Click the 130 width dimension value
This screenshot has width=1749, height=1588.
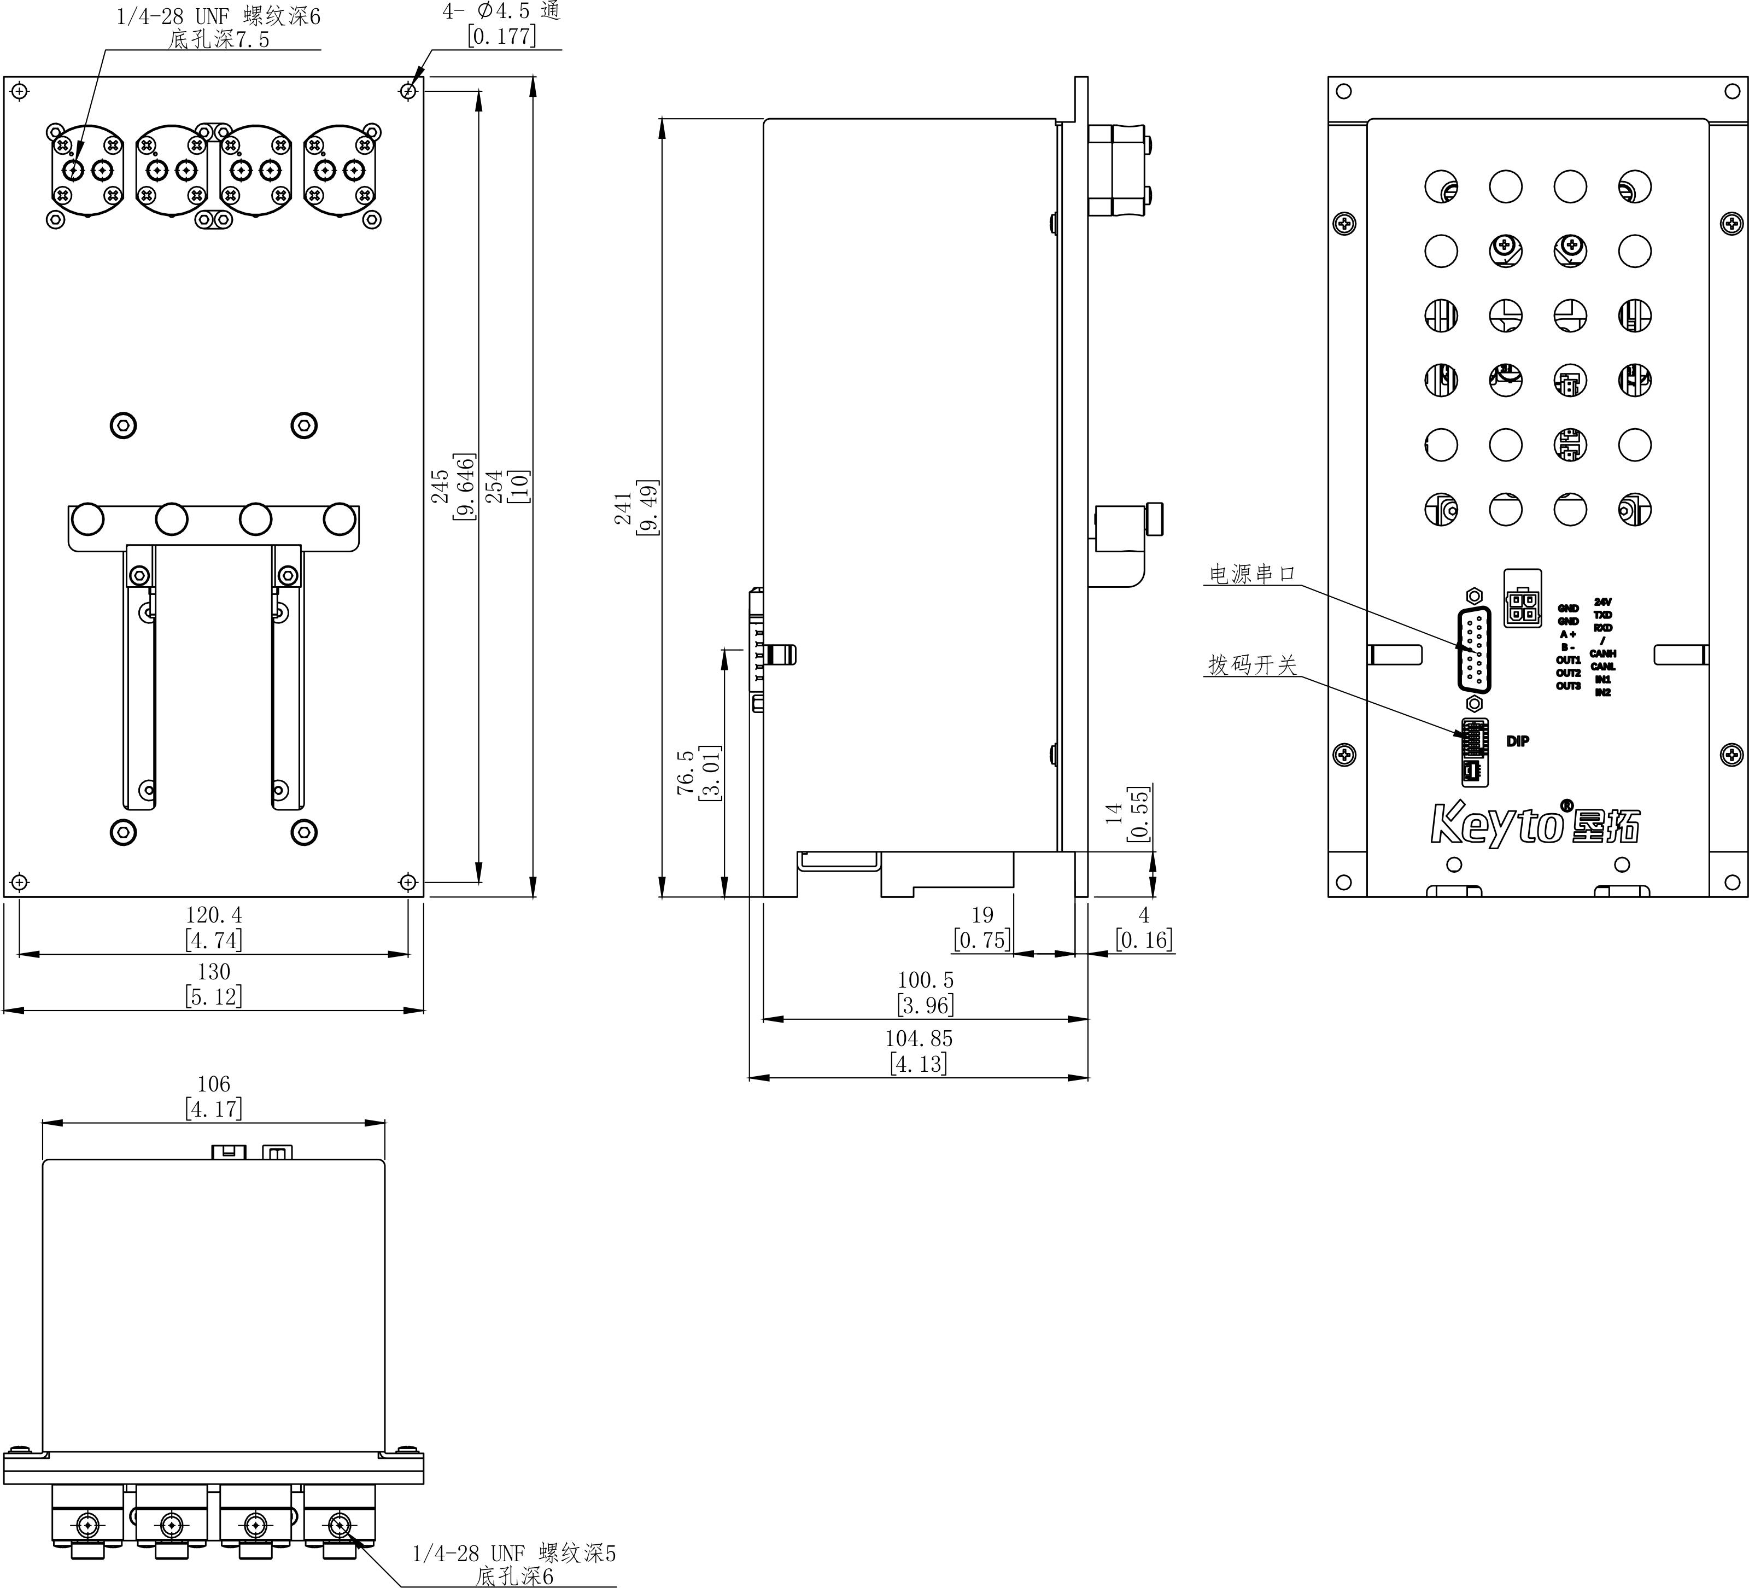click(x=213, y=972)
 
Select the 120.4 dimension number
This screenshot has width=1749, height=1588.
click(x=213, y=915)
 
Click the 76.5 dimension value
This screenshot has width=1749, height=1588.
click(x=686, y=772)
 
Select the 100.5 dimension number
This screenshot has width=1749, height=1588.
click(x=925, y=980)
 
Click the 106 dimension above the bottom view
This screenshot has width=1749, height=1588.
click(x=213, y=1084)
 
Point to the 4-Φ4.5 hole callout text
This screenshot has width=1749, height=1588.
click(x=501, y=12)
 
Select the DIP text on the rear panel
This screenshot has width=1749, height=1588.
click(x=1517, y=741)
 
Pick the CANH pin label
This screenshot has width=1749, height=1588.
click(x=1602, y=653)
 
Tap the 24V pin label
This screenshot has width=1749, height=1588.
click(x=1602, y=602)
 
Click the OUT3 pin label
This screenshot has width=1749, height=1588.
click(x=1567, y=686)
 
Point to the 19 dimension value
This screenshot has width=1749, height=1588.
click(x=982, y=915)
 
